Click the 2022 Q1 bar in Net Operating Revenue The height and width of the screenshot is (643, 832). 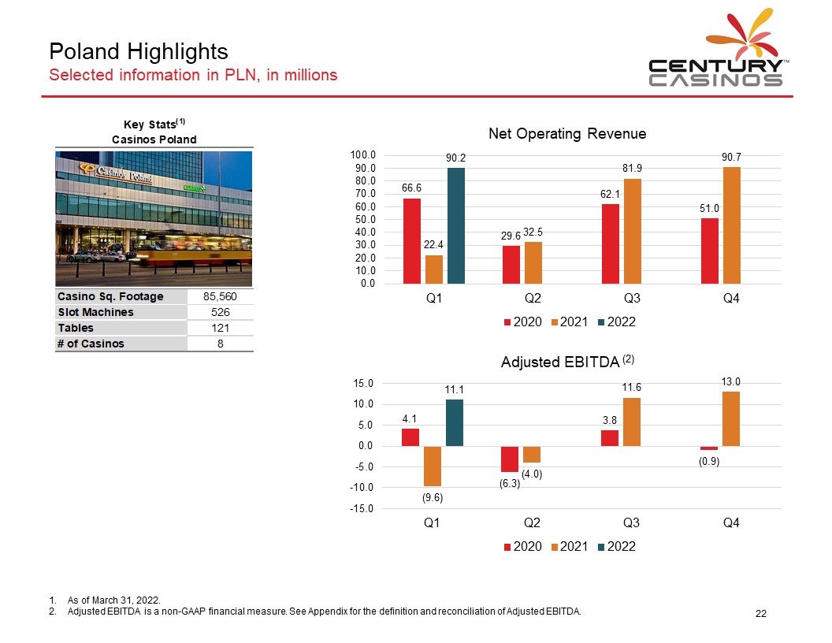coord(456,225)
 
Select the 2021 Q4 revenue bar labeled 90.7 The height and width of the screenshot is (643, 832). coord(732,225)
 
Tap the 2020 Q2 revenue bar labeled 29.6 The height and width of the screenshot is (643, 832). coord(511,265)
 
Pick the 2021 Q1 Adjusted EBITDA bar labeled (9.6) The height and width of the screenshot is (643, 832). coord(433,466)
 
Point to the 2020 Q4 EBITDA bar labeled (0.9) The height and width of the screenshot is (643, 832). coord(709,448)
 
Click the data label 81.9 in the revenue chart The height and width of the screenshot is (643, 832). coord(632,168)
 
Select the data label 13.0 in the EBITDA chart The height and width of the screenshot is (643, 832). coord(730,381)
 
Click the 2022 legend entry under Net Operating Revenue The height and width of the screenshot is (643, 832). coord(617,322)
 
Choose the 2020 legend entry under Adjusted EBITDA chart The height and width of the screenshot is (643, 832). coord(523,546)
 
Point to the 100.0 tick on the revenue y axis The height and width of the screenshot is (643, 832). coord(363,155)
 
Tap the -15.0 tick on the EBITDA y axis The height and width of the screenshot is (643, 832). coord(362,508)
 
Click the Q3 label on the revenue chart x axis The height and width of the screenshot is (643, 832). coord(632,298)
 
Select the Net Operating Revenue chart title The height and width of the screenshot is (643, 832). coord(567,134)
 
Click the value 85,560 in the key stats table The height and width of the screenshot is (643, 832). coord(220,296)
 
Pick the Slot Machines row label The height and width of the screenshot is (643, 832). coord(95,313)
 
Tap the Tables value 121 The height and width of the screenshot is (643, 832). coord(220,328)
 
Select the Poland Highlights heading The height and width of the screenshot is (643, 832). coord(139,51)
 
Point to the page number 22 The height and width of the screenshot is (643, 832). coord(761,614)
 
